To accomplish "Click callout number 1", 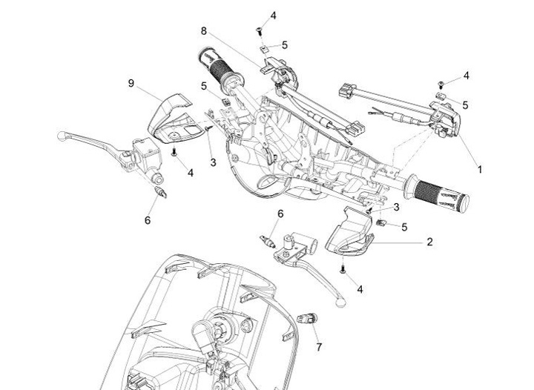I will [479, 169].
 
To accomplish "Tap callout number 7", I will [320, 346].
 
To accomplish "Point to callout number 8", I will [202, 30].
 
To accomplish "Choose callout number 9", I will [131, 84].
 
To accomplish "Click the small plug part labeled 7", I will [305, 317].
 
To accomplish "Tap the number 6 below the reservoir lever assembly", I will [148, 219].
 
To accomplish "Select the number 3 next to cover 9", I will [212, 162].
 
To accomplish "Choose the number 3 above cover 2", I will [396, 206].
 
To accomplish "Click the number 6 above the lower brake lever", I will [280, 214].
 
